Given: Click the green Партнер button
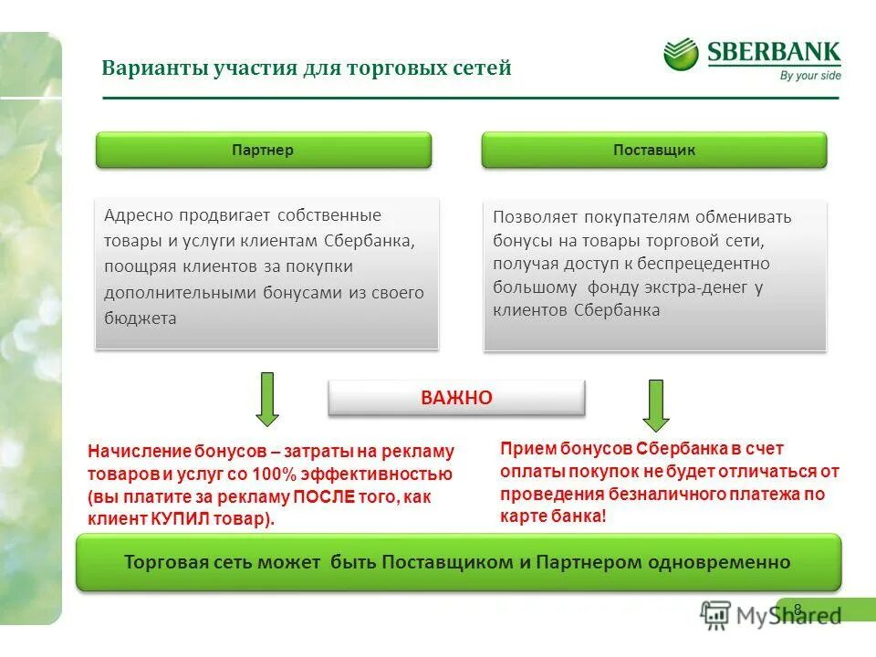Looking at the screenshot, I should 263,150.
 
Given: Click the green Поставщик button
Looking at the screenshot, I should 653,150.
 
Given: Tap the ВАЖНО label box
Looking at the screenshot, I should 456,398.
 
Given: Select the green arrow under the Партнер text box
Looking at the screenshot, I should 267,399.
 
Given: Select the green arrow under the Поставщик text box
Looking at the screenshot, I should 656,404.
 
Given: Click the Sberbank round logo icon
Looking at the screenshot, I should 681,54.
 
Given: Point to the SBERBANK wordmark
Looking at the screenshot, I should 774,51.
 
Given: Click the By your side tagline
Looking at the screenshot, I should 810,76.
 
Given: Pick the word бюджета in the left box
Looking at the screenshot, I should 140,318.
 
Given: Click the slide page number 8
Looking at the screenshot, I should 798,609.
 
